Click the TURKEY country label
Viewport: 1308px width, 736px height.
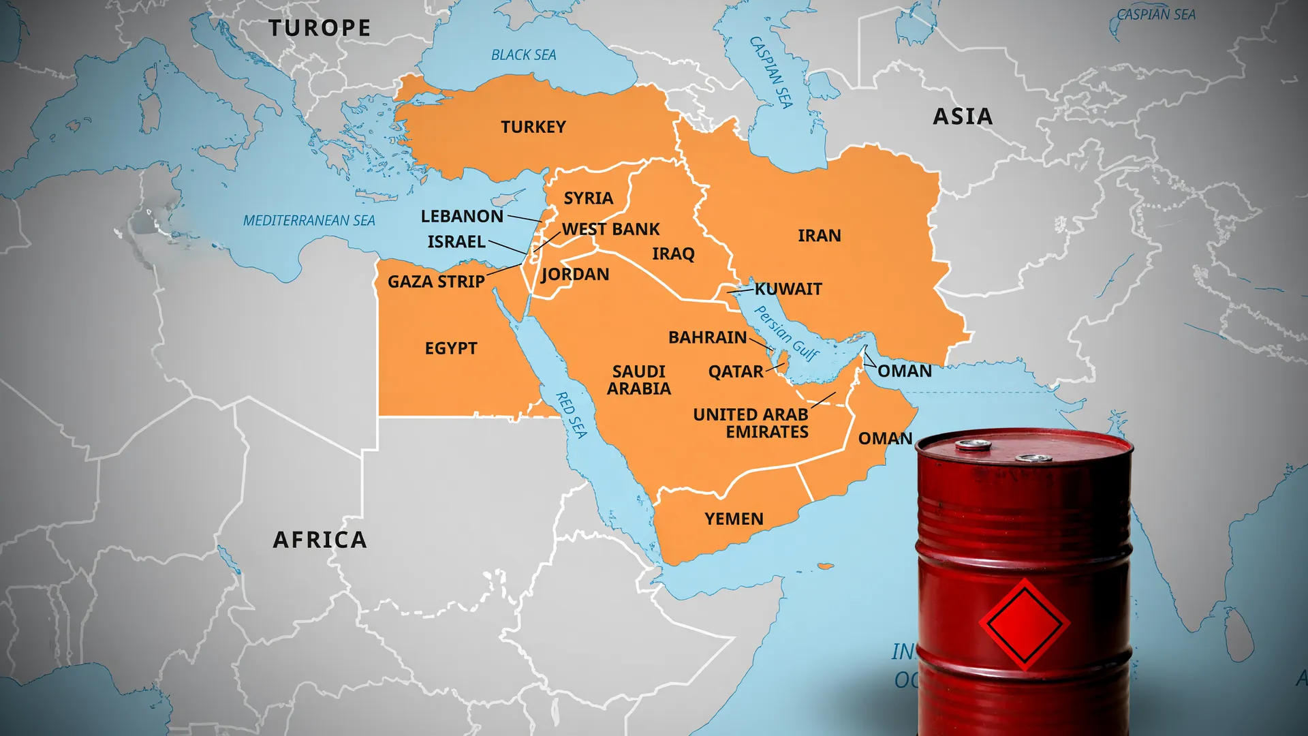tap(533, 127)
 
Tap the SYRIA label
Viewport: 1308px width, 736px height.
tap(589, 198)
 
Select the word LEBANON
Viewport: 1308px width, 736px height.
tap(462, 217)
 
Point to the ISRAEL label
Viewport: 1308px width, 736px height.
tap(456, 242)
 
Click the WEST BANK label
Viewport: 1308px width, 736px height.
tap(611, 230)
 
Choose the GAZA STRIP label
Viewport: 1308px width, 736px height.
tap(436, 281)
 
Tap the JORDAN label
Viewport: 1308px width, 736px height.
tap(576, 275)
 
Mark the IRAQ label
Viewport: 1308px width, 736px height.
tap(673, 254)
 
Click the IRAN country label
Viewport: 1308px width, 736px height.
tap(820, 236)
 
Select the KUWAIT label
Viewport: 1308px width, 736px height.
tap(789, 289)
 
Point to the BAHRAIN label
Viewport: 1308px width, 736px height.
tap(708, 337)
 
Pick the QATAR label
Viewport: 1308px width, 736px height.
tap(736, 372)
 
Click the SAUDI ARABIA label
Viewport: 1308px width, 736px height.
tap(639, 380)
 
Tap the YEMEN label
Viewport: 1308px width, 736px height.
tap(734, 519)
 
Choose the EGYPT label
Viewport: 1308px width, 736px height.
tap(451, 348)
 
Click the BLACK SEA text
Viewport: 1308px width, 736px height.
tap(524, 55)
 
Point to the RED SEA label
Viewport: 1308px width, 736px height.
tap(572, 414)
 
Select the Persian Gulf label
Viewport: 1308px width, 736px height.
tap(787, 333)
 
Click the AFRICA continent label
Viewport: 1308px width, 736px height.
tap(320, 540)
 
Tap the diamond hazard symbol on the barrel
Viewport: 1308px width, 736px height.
tap(1024, 623)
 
